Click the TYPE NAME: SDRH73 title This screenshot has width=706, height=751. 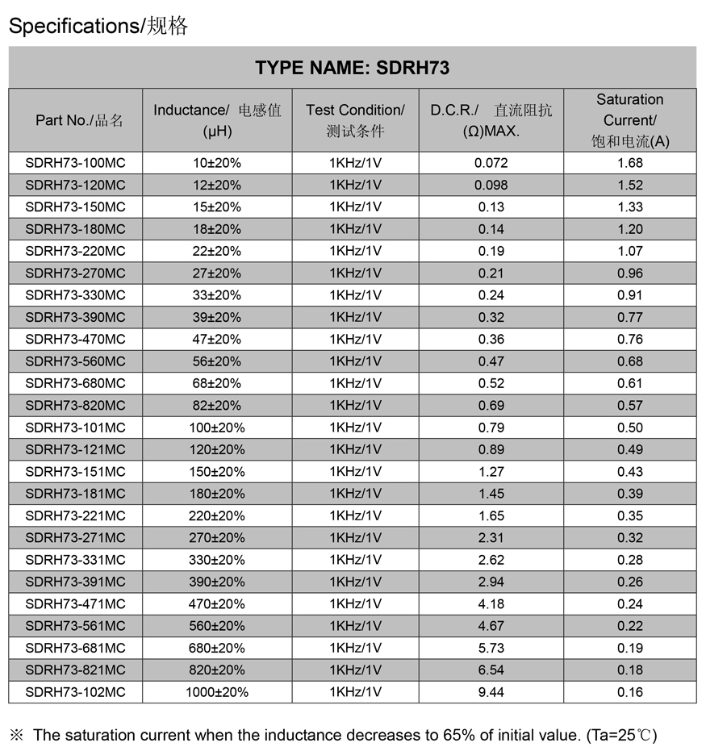point(352,68)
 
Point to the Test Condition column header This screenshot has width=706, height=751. point(355,120)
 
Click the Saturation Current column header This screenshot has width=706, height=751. point(629,120)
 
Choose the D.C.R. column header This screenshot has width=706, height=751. point(491,120)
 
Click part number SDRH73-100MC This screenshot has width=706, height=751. point(75,163)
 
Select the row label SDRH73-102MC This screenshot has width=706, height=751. point(75,692)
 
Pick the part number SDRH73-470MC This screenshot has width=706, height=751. point(75,340)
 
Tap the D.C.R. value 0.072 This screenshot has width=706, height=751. point(491,163)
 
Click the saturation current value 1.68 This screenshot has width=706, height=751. point(629,163)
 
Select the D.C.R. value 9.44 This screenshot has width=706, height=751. point(491,692)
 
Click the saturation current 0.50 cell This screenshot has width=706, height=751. point(629,428)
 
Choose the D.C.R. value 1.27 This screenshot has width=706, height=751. point(491,472)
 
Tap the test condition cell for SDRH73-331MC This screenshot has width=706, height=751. point(355,560)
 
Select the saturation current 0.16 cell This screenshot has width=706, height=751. point(629,692)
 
